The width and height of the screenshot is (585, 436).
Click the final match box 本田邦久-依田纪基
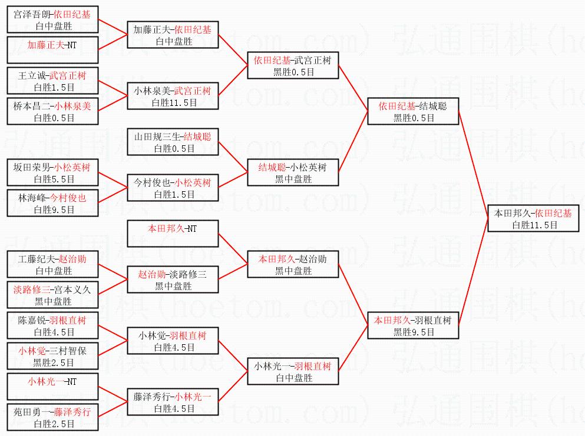point(534,219)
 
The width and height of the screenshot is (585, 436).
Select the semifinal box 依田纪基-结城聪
point(413,112)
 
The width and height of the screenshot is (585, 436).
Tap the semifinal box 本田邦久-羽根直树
point(413,326)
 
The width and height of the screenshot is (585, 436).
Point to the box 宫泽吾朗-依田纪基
point(52,20)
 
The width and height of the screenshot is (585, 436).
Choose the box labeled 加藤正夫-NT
point(52,50)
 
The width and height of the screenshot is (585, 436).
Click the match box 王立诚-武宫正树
point(52,81)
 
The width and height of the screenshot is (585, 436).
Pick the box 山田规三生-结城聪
point(173,142)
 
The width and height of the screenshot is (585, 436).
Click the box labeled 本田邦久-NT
point(173,234)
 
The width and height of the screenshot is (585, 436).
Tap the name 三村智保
point(70,351)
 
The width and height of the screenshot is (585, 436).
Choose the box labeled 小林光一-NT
point(52,387)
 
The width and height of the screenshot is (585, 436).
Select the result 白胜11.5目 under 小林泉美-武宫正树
point(173,102)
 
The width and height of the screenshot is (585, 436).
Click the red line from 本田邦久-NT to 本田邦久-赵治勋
point(233,248)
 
